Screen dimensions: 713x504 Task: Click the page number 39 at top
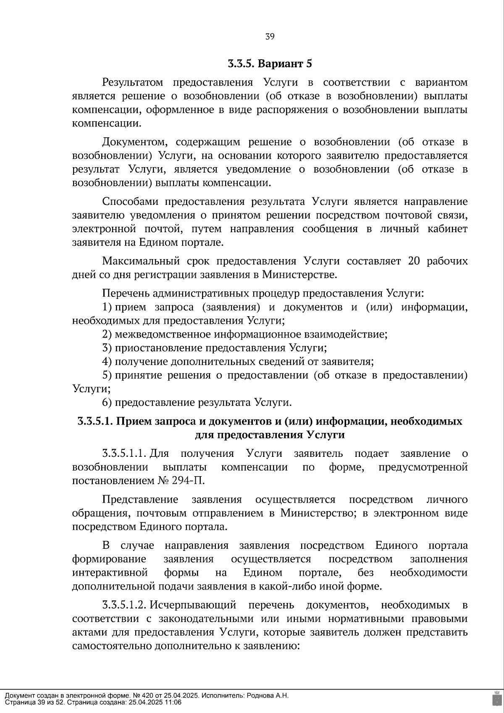pos(270,37)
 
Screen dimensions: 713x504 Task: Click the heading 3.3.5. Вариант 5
pos(270,64)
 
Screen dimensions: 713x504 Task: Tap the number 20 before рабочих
pos(414,261)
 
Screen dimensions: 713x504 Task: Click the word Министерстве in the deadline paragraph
pos(299,275)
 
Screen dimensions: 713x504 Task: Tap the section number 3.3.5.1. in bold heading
pos(95,421)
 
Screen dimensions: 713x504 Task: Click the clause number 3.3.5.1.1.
pos(124,453)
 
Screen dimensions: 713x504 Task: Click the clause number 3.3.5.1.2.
pos(124,606)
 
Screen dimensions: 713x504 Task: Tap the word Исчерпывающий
pos(193,606)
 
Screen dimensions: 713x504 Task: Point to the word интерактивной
pos(110,573)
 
